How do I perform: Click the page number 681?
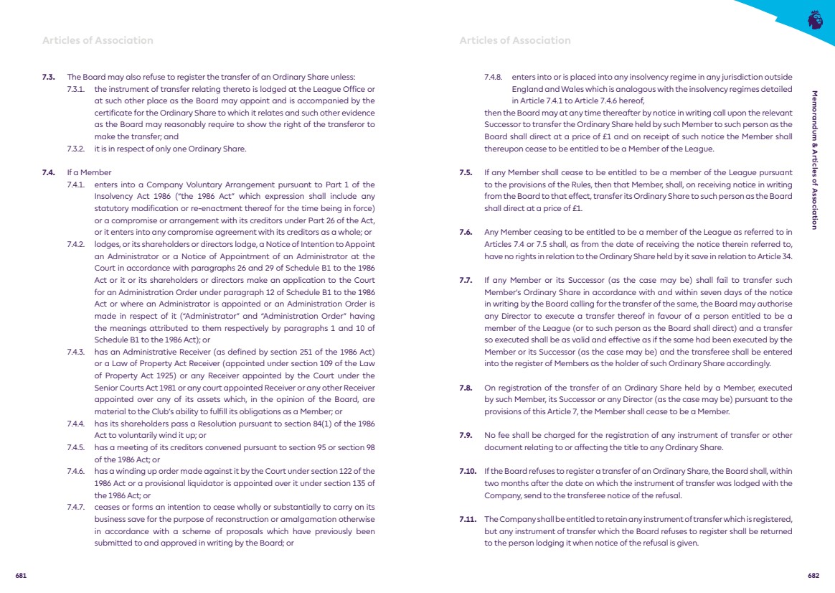tap(21, 575)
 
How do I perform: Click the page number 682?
tap(813, 575)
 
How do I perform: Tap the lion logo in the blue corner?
tap(815, 19)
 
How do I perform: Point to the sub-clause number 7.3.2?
tap(75, 149)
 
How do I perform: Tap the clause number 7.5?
tap(466, 172)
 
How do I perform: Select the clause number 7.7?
tap(466, 280)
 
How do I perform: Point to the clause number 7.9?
tap(466, 436)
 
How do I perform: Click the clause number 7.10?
tap(467, 472)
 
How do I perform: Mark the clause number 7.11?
tap(467, 519)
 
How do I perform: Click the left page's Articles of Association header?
tap(98, 40)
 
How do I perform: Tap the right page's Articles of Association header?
tap(515, 40)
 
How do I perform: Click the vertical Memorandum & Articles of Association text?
tap(813, 159)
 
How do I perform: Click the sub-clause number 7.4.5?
tap(75, 447)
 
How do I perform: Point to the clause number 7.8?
tap(466, 388)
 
